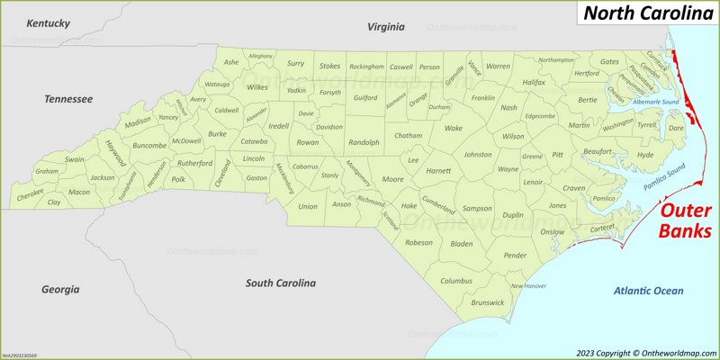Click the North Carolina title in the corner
646,13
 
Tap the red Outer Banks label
687,220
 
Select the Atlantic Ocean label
648,291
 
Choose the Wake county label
453,128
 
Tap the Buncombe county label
149,145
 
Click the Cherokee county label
30,194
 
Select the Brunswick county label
487,302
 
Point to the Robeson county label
418,242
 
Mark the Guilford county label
365,97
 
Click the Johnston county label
477,154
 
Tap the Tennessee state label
69,99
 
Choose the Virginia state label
386,27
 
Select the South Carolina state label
281,283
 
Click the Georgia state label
60,289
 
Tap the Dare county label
676,128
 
